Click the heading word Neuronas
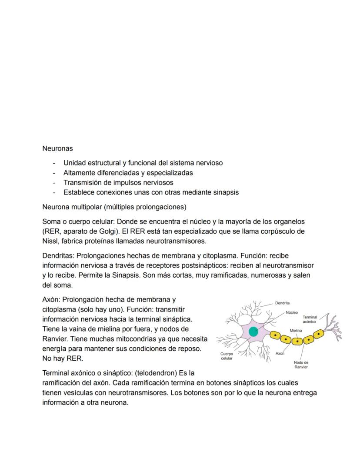pos(57,148)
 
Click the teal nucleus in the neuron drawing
pos(253,332)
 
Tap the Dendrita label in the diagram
pos(283,303)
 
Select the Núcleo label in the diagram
pos(292,312)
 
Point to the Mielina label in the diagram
pos(296,331)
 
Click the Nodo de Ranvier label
pos(301,365)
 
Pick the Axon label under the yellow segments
pos(280,354)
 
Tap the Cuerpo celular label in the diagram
pos(227,356)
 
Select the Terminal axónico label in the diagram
pos(310,319)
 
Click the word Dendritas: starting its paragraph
pos(58,255)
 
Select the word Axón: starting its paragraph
pos(51,299)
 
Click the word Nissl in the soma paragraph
pos(50,241)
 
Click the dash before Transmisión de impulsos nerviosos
pos(54,183)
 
